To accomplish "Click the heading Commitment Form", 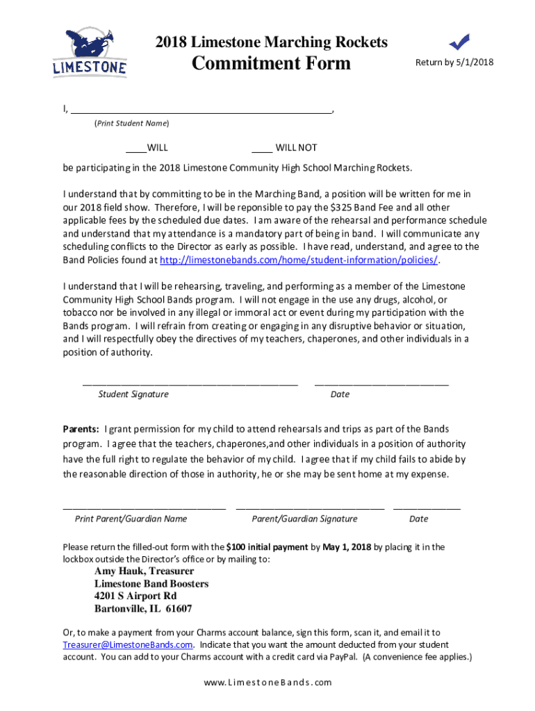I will (x=271, y=63).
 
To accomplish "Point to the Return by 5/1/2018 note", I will (x=454, y=62).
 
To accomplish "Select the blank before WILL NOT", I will (x=261, y=148).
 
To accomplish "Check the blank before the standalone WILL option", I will (x=135, y=148).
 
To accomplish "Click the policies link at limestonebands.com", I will (x=299, y=260).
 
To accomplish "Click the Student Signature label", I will (x=133, y=394).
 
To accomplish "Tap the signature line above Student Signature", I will (x=190, y=383).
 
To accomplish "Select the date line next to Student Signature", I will (x=381, y=383).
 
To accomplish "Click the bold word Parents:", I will (x=81, y=429).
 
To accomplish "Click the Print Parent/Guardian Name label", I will (x=131, y=519).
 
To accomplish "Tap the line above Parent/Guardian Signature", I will (x=310, y=508).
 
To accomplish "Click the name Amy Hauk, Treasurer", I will (x=144, y=571).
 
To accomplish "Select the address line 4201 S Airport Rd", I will (x=135, y=596).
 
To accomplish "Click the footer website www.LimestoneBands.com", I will (x=267, y=683).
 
